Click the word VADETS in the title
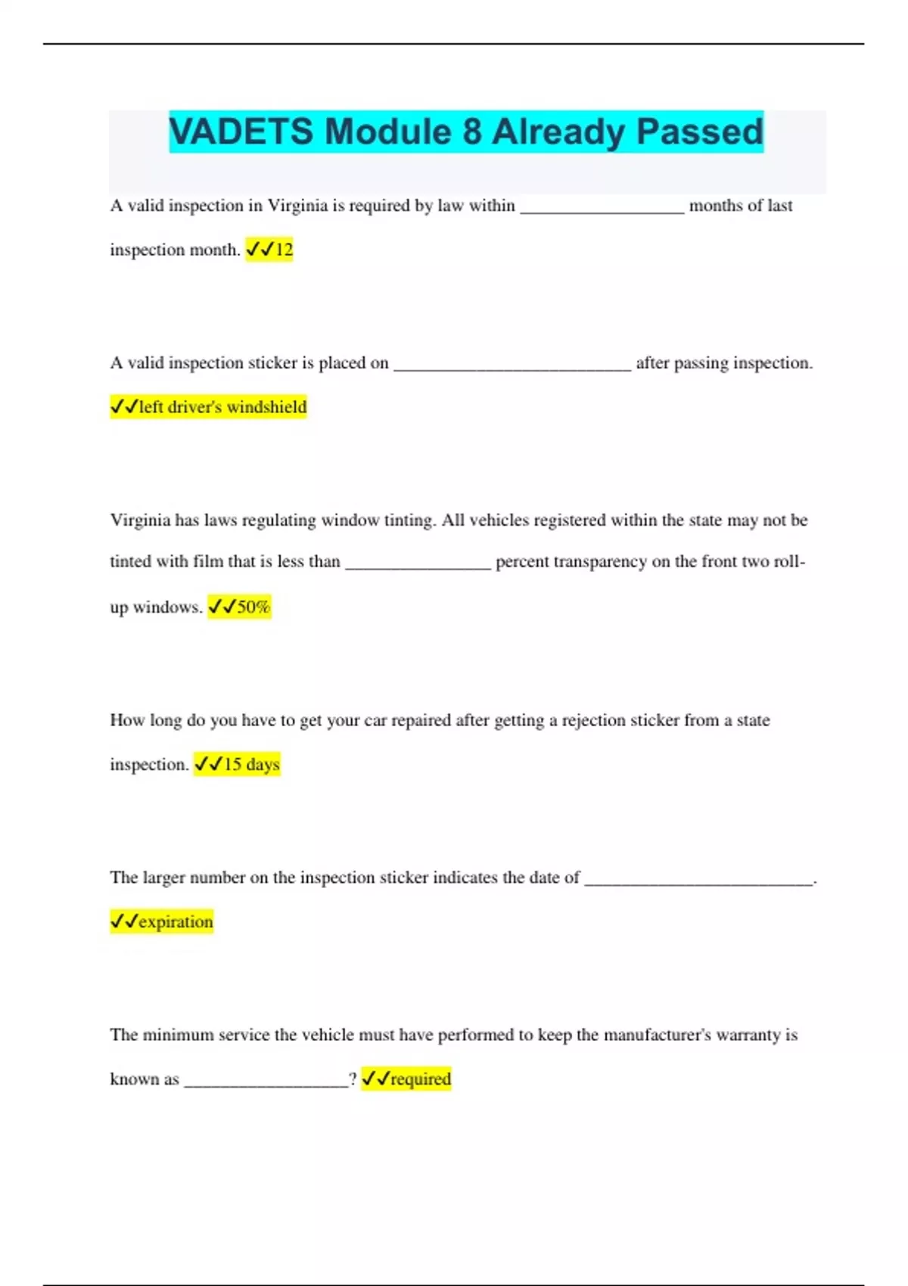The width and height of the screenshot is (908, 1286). coord(241,132)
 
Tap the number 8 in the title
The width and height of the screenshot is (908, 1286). coord(471,132)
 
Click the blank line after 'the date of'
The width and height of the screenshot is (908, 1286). coord(698,883)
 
